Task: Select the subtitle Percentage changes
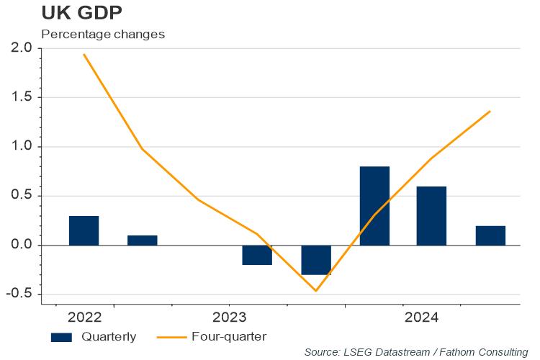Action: point(103,34)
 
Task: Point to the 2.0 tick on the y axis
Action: point(22,48)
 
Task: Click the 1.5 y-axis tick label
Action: point(22,97)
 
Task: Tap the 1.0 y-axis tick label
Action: point(22,147)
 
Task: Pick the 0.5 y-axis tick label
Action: point(22,196)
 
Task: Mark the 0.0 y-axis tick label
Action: point(22,246)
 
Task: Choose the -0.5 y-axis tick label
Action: point(19,294)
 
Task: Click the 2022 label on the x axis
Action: point(85,318)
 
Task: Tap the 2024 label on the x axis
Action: point(421,318)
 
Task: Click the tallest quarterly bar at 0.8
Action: point(374,206)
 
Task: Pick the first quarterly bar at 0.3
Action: point(84,230)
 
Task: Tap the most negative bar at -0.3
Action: point(316,260)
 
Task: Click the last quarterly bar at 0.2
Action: point(490,235)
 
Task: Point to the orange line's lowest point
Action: point(316,291)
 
